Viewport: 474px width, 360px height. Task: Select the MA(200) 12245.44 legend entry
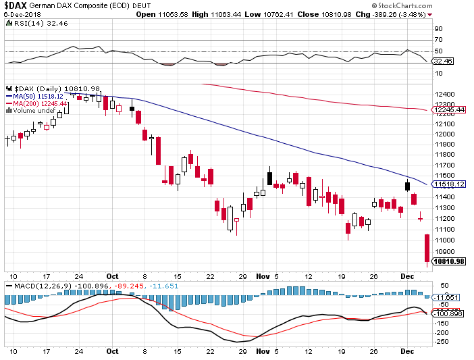coord(42,104)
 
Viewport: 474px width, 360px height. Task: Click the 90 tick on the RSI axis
coord(438,29)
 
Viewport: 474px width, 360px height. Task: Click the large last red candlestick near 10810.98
coord(427,248)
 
